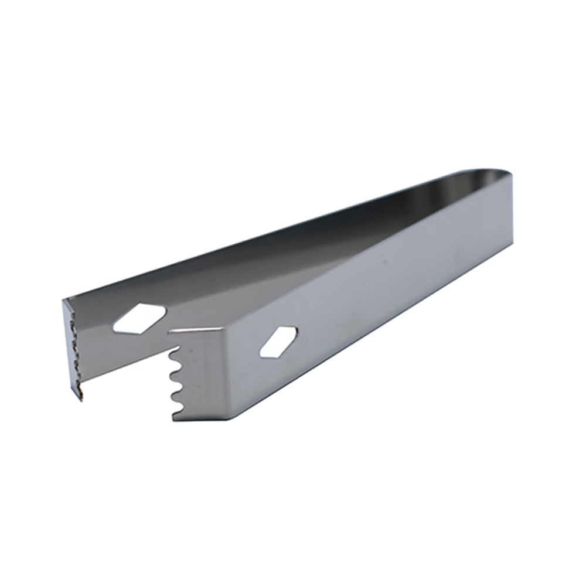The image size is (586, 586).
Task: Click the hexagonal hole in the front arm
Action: pyautogui.click(x=278, y=342)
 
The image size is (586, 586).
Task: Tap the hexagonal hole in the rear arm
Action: pyautogui.click(x=139, y=319)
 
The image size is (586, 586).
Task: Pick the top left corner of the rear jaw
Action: pyautogui.click(x=63, y=301)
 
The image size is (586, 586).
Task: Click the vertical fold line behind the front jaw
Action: pyautogui.click(x=224, y=375)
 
